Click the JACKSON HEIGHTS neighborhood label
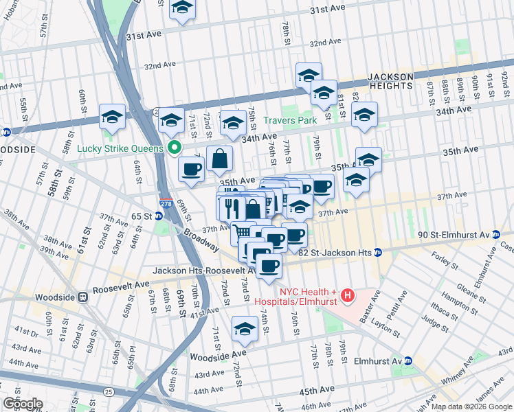pyautogui.click(x=390, y=81)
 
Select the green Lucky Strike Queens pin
pyautogui.click(x=175, y=148)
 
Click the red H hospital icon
pyautogui.click(x=348, y=296)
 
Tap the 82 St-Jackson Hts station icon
pyautogui.click(x=377, y=253)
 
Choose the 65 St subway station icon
pyautogui.click(x=159, y=216)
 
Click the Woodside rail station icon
pyautogui.click(x=82, y=297)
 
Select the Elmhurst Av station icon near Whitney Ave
pyautogui.click(x=407, y=360)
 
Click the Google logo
pyautogui.click(x=23, y=404)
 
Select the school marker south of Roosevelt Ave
pyautogui.click(x=245, y=328)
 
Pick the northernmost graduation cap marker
pyautogui.click(x=182, y=8)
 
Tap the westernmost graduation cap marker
pyautogui.click(x=112, y=116)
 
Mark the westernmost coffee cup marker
pyautogui.click(x=190, y=168)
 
